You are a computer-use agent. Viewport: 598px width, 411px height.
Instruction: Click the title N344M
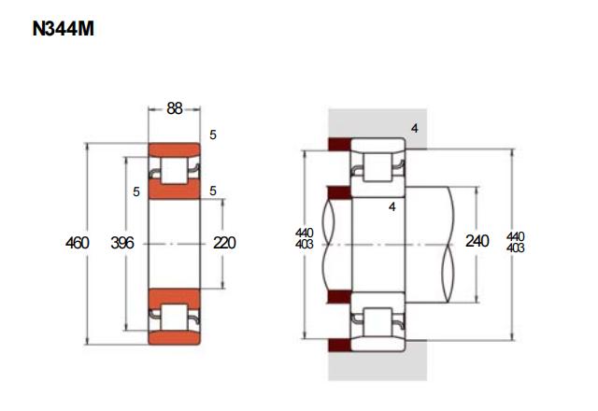[63, 29]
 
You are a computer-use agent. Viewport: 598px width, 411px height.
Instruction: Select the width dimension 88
[175, 108]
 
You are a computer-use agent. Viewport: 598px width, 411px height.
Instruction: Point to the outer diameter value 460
[77, 243]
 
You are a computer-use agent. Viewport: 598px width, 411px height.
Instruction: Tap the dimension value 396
[122, 243]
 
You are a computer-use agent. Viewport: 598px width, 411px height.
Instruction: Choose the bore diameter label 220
[224, 243]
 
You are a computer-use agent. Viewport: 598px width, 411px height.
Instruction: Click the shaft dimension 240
[477, 241]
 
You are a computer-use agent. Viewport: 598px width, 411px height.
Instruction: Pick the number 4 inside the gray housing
[415, 129]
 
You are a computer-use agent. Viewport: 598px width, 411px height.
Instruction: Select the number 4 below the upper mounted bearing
[392, 207]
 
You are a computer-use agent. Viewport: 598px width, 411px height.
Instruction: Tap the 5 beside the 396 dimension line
[136, 191]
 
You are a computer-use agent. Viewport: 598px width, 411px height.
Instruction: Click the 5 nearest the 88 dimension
[213, 135]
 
